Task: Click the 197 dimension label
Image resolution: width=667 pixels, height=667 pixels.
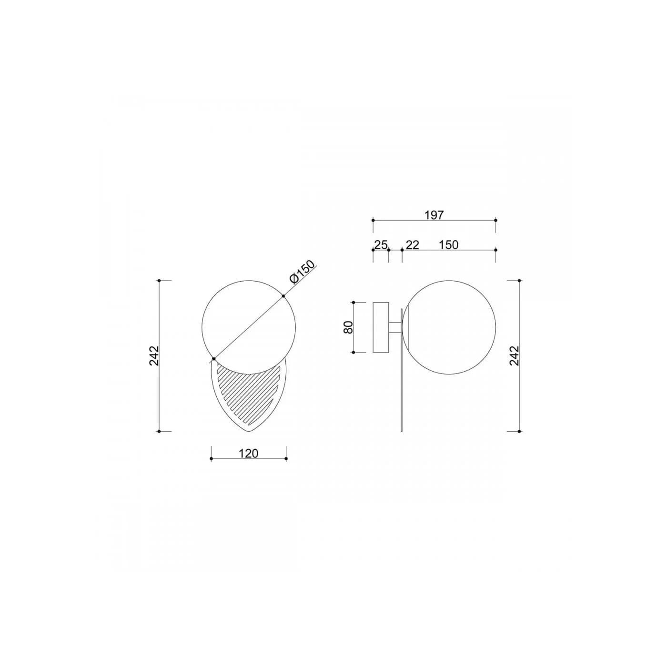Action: (x=434, y=215)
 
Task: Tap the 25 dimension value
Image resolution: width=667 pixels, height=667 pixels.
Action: (x=381, y=245)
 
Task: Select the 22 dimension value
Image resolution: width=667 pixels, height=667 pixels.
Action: (x=412, y=245)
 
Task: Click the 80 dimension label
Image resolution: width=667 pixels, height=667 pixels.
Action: (x=349, y=327)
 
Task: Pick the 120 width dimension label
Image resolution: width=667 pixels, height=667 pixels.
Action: (x=249, y=453)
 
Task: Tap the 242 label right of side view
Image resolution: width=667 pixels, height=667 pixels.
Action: (x=515, y=355)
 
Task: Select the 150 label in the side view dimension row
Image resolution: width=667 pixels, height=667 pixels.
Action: (x=449, y=245)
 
